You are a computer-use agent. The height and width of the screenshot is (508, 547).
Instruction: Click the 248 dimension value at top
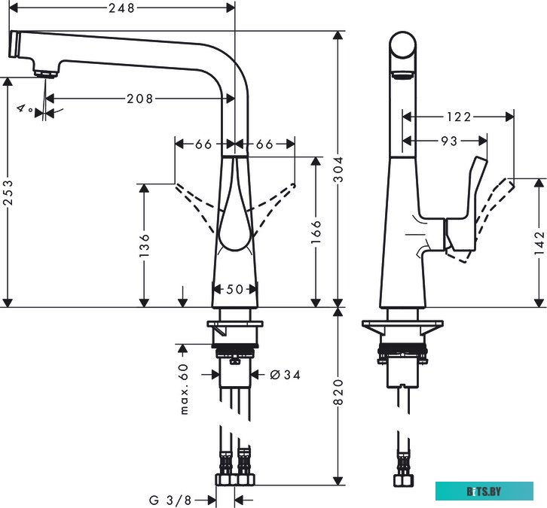[x=121, y=8]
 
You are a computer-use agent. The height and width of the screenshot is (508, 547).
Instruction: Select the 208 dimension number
[x=140, y=99]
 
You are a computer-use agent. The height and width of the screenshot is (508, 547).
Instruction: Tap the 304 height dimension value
[x=338, y=169]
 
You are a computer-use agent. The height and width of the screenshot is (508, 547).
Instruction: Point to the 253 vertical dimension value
[x=8, y=193]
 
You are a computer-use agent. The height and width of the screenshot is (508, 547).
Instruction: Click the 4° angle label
[x=24, y=108]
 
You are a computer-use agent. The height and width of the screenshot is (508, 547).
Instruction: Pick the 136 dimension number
[x=144, y=245]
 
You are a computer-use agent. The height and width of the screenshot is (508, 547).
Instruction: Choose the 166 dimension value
[x=316, y=232]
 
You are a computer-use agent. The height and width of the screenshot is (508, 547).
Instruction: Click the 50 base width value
[x=234, y=289]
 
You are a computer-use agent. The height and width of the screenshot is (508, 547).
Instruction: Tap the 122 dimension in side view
[x=459, y=117]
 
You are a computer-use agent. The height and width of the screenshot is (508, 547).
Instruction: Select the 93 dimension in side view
[x=449, y=141]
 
